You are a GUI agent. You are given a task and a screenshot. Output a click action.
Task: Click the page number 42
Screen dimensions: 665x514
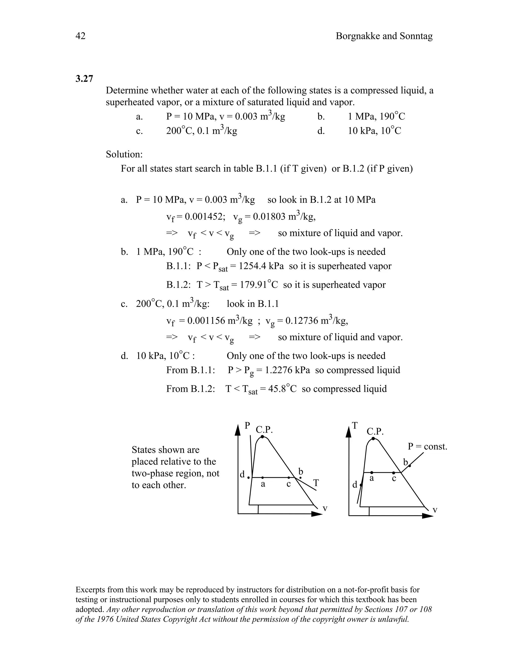[80, 36]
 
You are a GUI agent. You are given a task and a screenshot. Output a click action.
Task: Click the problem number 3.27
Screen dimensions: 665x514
[84, 79]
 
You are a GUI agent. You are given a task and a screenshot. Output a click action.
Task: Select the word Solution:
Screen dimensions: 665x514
[124, 154]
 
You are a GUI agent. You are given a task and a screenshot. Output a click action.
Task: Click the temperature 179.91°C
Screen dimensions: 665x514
[259, 285]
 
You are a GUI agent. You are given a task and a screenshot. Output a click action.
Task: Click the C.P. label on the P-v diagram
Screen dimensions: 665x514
[264, 430]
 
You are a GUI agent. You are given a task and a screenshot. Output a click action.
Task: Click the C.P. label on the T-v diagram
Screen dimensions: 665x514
[375, 431]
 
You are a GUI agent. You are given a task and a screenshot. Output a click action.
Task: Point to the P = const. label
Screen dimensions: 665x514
[427, 447]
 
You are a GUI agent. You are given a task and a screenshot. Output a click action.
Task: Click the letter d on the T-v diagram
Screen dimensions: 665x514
[355, 485]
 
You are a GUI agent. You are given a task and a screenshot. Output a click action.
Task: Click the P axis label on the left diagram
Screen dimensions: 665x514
[247, 425]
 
